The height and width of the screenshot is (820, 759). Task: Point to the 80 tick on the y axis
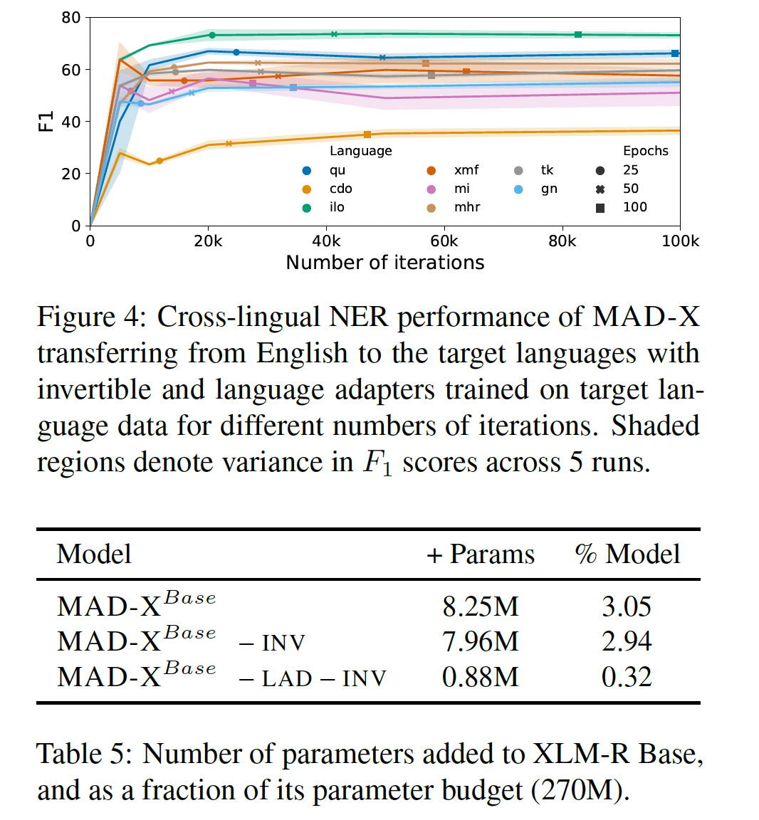tap(71, 18)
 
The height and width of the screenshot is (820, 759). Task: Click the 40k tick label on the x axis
tap(326, 241)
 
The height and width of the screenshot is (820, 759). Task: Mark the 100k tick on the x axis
tap(680, 241)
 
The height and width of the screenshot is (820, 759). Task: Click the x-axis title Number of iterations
tap(384, 263)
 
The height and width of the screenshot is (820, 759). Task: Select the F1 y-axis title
tap(46, 121)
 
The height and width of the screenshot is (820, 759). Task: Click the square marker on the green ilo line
tap(578, 35)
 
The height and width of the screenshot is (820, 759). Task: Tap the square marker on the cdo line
tap(367, 135)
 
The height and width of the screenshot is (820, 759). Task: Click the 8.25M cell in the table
tap(481, 606)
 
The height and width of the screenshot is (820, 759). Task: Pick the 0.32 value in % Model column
tap(627, 677)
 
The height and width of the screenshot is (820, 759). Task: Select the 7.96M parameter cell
tap(481, 641)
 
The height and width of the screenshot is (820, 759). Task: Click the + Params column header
tap(481, 554)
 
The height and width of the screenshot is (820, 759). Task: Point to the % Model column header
tap(627, 554)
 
